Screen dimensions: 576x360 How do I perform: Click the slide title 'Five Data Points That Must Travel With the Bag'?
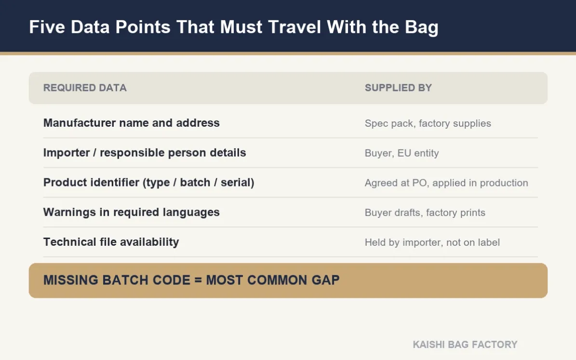tap(234, 27)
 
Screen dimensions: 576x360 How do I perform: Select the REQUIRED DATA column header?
tap(85, 88)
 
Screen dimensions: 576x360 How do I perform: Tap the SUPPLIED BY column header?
tap(398, 88)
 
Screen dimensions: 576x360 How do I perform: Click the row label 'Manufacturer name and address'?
tap(132, 123)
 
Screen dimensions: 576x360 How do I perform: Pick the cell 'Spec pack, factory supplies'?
tap(428, 123)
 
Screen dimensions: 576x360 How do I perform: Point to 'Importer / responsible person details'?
tap(145, 153)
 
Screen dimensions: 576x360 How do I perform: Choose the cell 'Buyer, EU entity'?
tap(402, 153)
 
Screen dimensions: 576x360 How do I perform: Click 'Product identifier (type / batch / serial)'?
tap(149, 183)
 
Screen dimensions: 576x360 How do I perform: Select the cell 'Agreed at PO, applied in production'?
tap(446, 183)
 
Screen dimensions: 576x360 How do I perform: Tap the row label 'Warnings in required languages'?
tap(132, 213)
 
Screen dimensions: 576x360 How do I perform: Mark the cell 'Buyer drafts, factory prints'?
tap(425, 213)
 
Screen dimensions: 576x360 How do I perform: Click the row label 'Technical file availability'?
tap(111, 242)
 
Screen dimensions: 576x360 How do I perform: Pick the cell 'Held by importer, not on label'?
tap(432, 242)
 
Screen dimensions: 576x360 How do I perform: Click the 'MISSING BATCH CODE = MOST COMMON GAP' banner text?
tap(191, 280)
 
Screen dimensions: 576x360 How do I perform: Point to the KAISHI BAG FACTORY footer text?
tap(465, 345)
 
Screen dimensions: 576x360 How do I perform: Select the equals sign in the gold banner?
tap(198, 280)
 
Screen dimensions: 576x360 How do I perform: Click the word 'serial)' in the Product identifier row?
tap(237, 183)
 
